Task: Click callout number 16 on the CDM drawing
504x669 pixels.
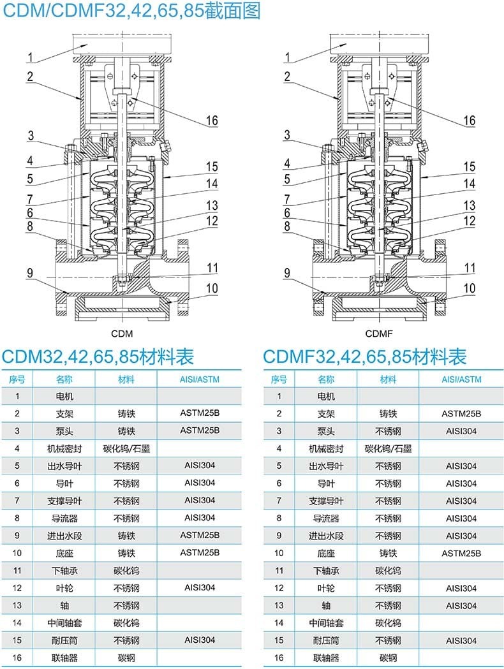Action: (x=212, y=121)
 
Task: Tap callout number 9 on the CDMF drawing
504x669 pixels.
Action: (x=287, y=273)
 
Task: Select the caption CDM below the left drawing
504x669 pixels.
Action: (x=122, y=334)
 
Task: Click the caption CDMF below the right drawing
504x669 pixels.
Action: (x=379, y=334)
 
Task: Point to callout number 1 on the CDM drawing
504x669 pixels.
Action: (x=30, y=57)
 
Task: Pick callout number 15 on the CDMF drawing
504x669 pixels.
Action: (x=470, y=166)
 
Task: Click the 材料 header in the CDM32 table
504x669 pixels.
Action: (x=126, y=379)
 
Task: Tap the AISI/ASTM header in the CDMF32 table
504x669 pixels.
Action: (x=461, y=379)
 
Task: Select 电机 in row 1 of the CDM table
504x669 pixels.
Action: (x=64, y=397)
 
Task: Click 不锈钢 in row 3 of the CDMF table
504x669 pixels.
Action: (x=388, y=431)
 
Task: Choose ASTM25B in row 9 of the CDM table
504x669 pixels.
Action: (x=200, y=535)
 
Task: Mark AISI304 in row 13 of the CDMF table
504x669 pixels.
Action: (x=461, y=606)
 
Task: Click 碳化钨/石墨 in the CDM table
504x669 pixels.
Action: (x=126, y=449)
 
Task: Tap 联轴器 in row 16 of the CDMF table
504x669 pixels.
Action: (x=326, y=658)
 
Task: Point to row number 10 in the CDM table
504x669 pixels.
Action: (x=17, y=553)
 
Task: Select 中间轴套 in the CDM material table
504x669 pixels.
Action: (x=64, y=623)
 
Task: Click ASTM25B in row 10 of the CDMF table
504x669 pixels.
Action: (x=461, y=554)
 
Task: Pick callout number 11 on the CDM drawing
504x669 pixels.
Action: (x=212, y=268)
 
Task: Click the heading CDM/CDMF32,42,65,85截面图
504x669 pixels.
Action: (x=131, y=11)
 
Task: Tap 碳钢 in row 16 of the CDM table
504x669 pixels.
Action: (x=126, y=658)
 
